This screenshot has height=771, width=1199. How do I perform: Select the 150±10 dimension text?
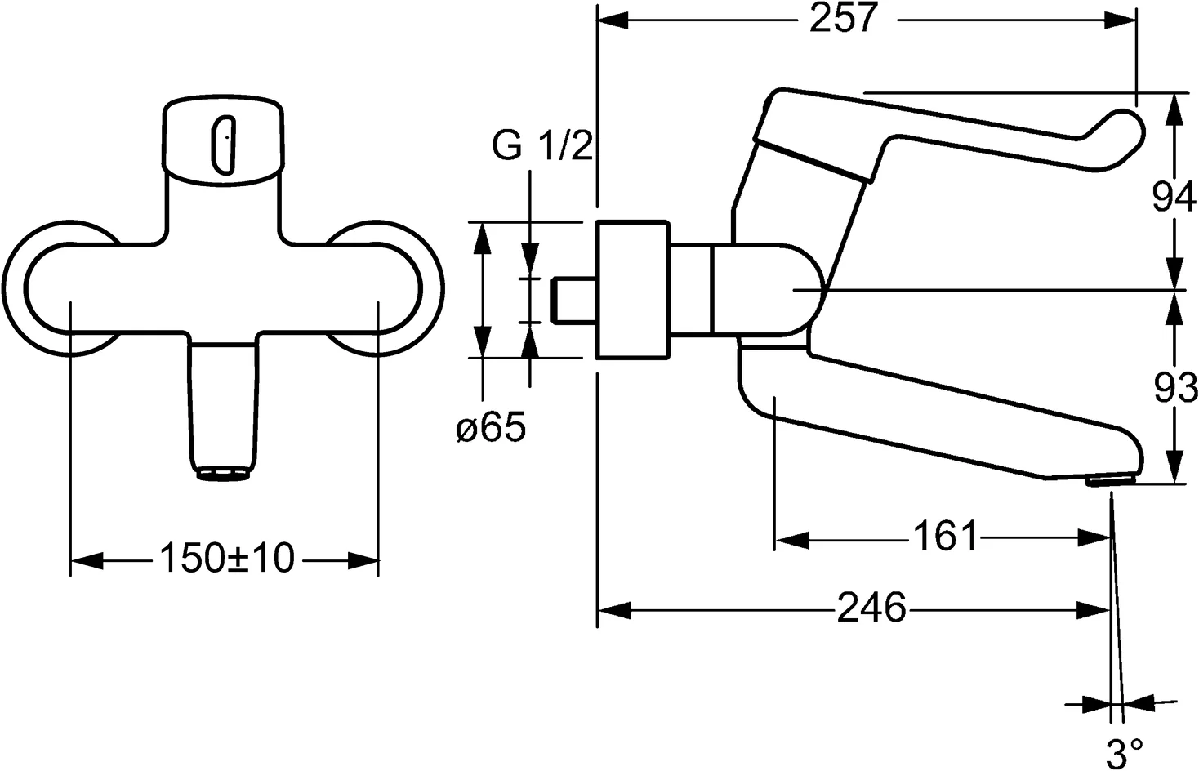tap(225, 559)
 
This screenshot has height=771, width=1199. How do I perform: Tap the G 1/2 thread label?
tap(542, 147)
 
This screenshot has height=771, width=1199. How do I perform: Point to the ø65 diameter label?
tap(490, 428)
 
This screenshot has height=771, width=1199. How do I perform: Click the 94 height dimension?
tap(1174, 198)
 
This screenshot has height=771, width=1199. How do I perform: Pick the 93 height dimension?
tap(1174, 390)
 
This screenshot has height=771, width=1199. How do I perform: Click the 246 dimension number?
tap(871, 608)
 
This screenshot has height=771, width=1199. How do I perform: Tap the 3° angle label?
tap(1125, 752)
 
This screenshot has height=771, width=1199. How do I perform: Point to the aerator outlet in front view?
tap(223, 475)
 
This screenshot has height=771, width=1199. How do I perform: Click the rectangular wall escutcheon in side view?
tap(631, 289)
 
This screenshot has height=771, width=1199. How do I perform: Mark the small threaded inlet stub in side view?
tap(574, 300)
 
